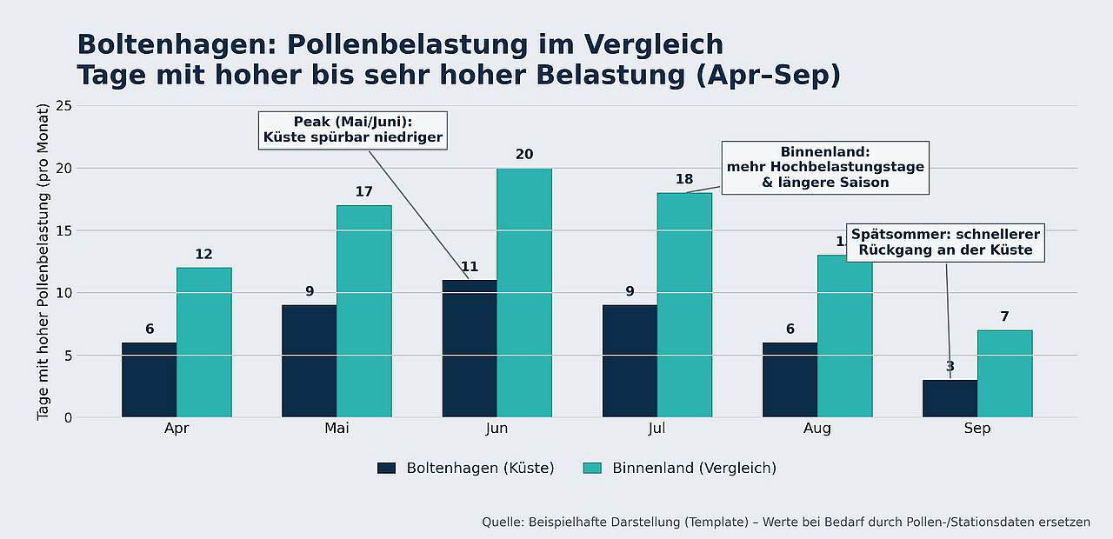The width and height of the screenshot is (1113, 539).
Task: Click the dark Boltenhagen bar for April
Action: [149, 380]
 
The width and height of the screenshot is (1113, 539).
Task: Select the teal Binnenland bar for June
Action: [524, 293]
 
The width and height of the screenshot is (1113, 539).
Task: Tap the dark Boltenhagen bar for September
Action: [950, 398]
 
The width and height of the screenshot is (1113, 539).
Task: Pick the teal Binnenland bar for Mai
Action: [363, 311]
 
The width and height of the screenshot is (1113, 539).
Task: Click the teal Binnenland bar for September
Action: [1004, 374]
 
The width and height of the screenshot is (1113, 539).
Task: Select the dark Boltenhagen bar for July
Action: [630, 361]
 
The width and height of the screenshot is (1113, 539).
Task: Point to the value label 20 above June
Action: [524, 155]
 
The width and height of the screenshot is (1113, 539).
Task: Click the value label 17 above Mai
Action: [363, 191]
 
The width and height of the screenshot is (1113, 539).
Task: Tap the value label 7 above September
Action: [1004, 316]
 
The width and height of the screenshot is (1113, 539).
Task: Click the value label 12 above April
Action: [203, 254]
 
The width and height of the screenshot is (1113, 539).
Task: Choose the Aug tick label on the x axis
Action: [816, 429]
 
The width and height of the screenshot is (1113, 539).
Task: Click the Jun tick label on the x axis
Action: [497, 429]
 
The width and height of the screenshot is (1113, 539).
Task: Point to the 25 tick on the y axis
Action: [63, 106]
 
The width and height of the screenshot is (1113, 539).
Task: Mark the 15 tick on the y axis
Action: [63, 230]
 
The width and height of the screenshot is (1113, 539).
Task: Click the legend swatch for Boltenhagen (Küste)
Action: [387, 469]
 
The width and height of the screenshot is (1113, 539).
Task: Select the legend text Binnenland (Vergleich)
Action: [694, 469]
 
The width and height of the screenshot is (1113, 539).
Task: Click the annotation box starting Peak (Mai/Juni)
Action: [353, 130]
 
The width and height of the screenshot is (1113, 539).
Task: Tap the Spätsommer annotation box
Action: [945, 243]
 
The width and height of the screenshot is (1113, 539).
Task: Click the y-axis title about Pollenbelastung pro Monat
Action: [43, 262]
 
